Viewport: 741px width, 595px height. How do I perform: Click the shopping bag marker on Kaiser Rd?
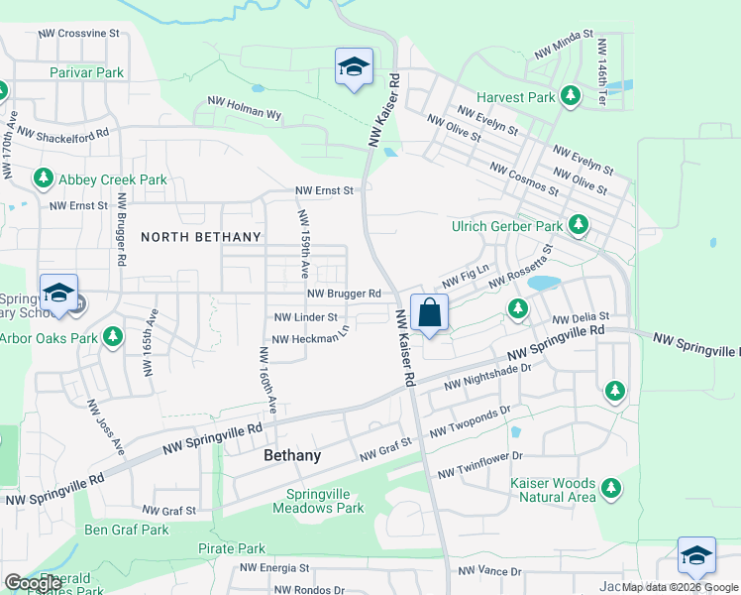[429, 313]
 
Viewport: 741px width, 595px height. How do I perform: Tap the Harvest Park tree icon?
[570, 97]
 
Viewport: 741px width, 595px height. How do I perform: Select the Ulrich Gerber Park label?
[507, 226]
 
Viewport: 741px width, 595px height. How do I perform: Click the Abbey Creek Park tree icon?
[43, 179]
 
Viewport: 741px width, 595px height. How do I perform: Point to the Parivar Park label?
[87, 72]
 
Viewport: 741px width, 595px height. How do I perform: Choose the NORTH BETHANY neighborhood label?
[201, 237]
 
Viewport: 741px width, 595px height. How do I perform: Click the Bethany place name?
[292, 455]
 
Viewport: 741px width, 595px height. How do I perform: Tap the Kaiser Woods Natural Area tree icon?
[612, 488]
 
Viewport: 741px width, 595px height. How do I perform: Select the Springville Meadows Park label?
[325, 501]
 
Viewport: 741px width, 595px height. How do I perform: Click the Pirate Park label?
[231, 548]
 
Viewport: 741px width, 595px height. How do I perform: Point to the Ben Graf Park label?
[127, 530]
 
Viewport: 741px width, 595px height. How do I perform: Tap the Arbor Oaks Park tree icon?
[113, 338]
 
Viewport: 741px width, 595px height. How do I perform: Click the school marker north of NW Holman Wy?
[354, 67]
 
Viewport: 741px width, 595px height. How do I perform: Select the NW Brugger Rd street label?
[344, 294]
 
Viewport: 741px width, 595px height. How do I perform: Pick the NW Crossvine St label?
[78, 33]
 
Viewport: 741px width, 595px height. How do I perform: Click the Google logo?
[33, 583]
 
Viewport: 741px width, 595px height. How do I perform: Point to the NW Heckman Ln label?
[310, 338]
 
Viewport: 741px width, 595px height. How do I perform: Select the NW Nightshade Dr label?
[487, 376]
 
